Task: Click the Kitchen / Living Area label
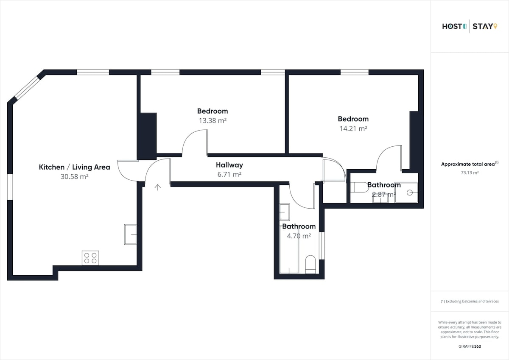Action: (x=75, y=167)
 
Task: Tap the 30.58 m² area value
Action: (x=75, y=176)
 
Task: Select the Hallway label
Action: (x=229, y=165)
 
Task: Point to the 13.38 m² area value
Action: (x=213, y=120)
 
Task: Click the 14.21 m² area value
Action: (x=353, y=128)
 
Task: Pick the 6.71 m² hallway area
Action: (x=229, y=174)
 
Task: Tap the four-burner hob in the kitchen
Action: (x=90, y=258)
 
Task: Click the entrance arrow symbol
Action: (x=158, y=187)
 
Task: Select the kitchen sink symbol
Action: (x=131, y=234)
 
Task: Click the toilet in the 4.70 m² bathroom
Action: (x=310, y=264)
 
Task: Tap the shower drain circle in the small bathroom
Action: (x=410, y=193)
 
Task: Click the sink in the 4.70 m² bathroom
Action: (x=285, y=212)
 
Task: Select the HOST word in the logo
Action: (x=452, y=27)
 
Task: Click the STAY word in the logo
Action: (x=482, y=27)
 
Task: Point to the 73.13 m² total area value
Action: (x=470, y=173)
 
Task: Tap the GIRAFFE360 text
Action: (x=470, y=346)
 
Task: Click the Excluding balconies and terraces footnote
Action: (x=470, y=301)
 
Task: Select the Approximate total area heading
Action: (x=470, y=164)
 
